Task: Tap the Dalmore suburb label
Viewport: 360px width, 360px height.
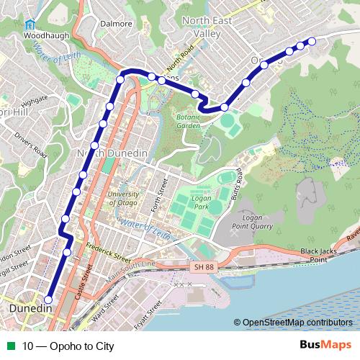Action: [x=117, y=23]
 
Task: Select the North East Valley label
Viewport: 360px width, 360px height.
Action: [x=210, y=27]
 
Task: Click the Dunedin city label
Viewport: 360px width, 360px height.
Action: [x=32, y=309]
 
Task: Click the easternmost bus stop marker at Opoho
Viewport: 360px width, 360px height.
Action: [x=312, y=42]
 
